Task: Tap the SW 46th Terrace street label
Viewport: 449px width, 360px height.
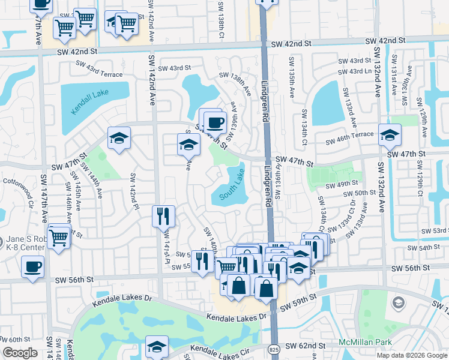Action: click(x=349, y=142)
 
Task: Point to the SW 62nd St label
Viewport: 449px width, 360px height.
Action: click(x=305, y=346)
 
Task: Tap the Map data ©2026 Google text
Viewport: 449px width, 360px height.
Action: click(x=412, y=355)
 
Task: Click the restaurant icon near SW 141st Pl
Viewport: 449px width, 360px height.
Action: click(x=163, y=216)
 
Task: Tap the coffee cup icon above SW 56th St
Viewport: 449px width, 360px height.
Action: click(x=32, y=266)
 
